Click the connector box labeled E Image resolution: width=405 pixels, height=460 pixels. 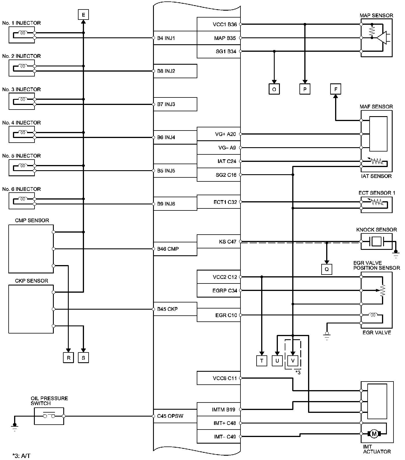pos(83,14)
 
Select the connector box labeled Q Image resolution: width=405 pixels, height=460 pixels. pos(326,269)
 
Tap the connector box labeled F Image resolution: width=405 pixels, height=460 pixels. pos(335,89)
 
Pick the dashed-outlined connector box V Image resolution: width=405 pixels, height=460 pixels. pos(293,361)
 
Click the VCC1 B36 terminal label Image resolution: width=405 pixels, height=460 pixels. pos(225,24)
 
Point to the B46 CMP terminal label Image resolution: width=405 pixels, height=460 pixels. pos(168,249)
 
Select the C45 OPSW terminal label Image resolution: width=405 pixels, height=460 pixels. pos(170,416)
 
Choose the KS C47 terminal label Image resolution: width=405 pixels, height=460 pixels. pos(227,241)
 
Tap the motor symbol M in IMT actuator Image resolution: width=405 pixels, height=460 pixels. pos(374,434)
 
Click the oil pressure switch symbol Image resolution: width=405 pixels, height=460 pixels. pos(49,416)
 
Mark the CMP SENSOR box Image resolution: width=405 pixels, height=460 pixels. pos(31,249)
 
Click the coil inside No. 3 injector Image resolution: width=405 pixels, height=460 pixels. pos(23,99)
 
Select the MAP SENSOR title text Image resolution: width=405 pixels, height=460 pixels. pos(376,16)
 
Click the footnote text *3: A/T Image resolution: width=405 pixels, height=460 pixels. pos(21,456)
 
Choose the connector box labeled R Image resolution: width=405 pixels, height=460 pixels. pos(68,358)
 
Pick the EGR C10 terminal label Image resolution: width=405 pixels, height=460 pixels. pos(226,315)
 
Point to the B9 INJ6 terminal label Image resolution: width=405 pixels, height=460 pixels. pos(166,204)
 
